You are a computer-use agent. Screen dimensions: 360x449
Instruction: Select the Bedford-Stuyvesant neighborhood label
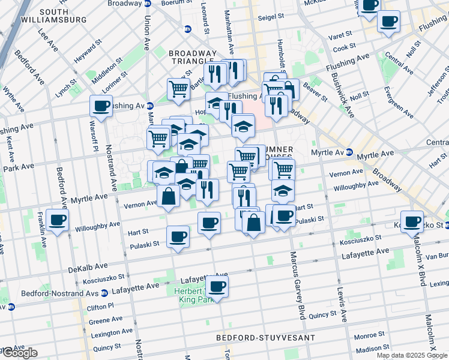(x=265, y=338)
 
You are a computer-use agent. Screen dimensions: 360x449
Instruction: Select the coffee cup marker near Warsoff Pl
(x=100, y=106)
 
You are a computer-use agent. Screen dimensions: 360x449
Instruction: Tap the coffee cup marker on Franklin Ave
(x=57, y=221)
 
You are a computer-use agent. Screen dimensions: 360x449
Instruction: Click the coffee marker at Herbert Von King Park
(x=217, y=286)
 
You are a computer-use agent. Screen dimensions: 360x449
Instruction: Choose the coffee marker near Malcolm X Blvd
(x=412, y=221)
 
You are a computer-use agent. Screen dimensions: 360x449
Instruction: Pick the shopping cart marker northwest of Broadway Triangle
(x=178, y=89)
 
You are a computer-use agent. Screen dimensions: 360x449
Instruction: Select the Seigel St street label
(x=271, y=18)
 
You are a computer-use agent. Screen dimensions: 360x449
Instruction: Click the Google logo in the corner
(x=19, y=353)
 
